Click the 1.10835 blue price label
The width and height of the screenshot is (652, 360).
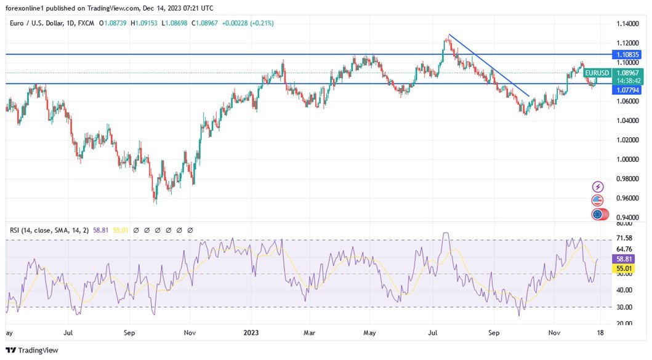pos(627,55)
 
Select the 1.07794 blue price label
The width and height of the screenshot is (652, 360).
pos(627,90)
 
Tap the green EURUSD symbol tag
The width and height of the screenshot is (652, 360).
pos(597,73)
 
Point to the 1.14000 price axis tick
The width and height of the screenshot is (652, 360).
pos(628,23)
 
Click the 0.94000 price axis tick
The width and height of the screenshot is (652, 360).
pos(628,218)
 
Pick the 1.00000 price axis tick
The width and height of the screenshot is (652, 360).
pos(628,159)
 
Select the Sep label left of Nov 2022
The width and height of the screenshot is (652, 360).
pos(129,333)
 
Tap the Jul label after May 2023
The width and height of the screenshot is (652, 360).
pos(433,333)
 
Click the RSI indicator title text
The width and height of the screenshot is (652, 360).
pos(49,230)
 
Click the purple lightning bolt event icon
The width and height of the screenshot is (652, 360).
pos(597,186)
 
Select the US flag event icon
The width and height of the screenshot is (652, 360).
pos(597,201)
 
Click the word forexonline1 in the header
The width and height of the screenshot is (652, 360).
pos(26,8)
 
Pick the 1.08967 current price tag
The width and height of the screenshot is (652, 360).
pos(627,73)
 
